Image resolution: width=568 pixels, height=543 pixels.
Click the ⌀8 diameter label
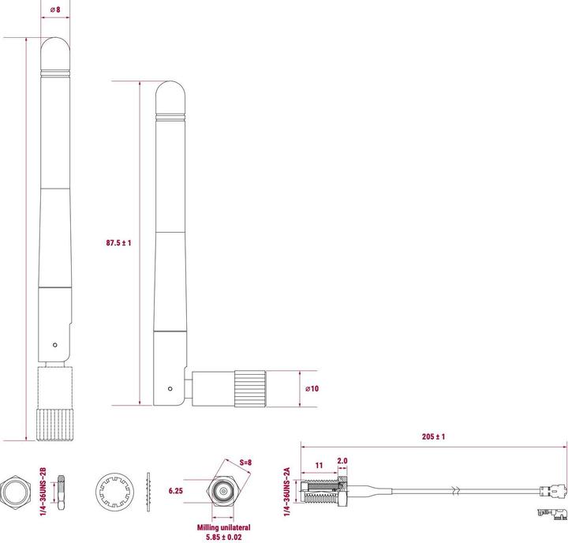click(54, 9)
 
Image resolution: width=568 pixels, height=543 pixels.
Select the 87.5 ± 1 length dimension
click(118, 243)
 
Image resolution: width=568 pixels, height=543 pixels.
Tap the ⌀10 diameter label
click(312, 389)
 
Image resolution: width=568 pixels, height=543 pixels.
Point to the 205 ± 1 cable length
click(433, 436)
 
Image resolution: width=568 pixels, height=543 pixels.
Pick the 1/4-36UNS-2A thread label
click(288, 489)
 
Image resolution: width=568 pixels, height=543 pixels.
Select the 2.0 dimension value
click(342, 460)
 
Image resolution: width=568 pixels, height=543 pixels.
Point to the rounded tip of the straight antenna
click(54, 47)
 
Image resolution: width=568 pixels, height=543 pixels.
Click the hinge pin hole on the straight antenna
click(54, 345)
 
